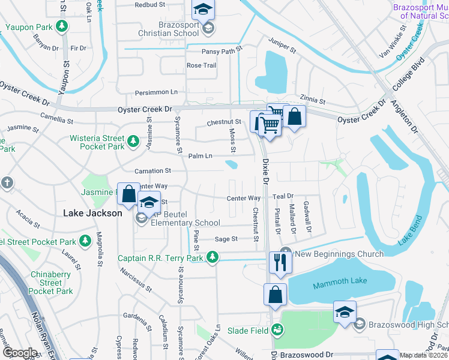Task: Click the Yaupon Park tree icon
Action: point(61,26)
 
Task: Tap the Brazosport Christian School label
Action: point(170,34)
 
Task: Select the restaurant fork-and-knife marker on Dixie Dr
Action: point(280,263)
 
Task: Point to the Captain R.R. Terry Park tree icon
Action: point(212,258)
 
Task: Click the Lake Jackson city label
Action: point(92,213)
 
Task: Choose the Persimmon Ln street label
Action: point(157,92)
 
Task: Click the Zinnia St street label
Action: point(313,102)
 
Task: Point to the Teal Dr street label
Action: point(282,196)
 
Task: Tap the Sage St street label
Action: point(226,239)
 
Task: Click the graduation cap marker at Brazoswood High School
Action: point(345,313)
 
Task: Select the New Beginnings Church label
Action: point(339,254)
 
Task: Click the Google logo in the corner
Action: point(20,353)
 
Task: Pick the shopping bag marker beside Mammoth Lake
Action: point(274,295)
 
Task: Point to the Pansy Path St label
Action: point(221,52)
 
